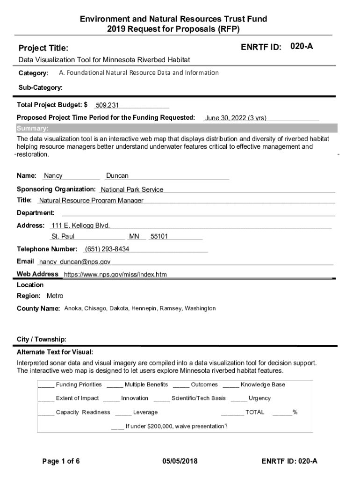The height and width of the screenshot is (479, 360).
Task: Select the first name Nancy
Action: pyautogui.click(x=53, y=176)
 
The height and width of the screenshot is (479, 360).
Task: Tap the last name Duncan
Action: pyautogui.click(x=117, y=176)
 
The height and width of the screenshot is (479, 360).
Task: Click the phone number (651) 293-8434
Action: pyautogui.click(x=107, y=249)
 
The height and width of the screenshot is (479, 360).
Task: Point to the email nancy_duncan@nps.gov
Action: pyautogui.click(x=75, y=262)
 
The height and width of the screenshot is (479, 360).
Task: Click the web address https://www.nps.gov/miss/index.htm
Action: pyautogui.click(x=115, y=275)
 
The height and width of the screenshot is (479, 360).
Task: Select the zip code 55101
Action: pyautogui.click(x=159, y=237)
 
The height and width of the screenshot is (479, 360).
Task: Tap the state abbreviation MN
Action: pyautogui.click(x=134, y=237)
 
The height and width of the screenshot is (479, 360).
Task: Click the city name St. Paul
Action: pyautogui.click(x=63, y=237)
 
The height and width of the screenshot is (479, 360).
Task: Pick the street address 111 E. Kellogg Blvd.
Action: pyautogui.click(x=81, y=225)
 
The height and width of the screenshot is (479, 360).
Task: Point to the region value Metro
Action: pyautogui.click(x=55, y=296)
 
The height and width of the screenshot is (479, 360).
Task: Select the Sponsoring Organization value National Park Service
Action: pyautogui.click(x=132, y=189)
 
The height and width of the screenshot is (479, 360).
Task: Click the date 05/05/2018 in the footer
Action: pyautogui.click(x=180, y=462)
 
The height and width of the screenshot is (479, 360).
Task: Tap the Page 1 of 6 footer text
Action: pyautogui.click(x=61, y=462)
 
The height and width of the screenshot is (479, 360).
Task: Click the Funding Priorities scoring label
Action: pyautogui.click(x=79, y=385)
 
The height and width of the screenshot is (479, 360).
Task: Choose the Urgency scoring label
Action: pyautogui.click(x=259, y=398)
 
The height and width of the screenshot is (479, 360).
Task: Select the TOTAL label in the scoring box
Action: pyautogui.click(x=255, y=412)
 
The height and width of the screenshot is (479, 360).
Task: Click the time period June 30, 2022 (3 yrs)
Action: pyautogui.click(x=236, y=118)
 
